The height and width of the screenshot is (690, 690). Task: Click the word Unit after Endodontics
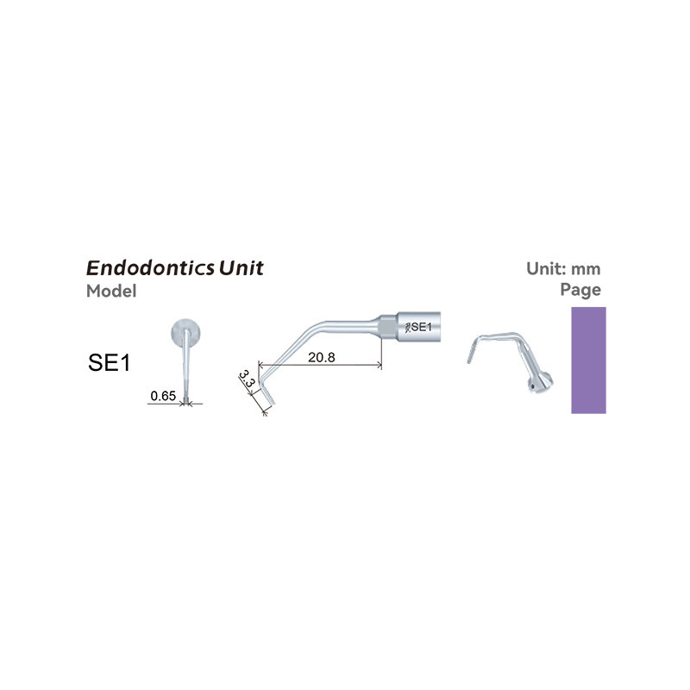point(241,267)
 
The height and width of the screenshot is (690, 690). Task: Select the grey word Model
point(111,291)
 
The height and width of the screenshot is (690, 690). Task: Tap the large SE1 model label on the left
point(109,362)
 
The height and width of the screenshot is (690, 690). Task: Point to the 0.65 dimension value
point(162,396)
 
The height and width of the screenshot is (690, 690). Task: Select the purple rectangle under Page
point(588,360)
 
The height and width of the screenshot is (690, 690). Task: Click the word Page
point(580,290)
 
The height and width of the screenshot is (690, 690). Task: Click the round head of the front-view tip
point(188,332)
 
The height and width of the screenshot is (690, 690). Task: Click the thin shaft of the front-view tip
point(188,371)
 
